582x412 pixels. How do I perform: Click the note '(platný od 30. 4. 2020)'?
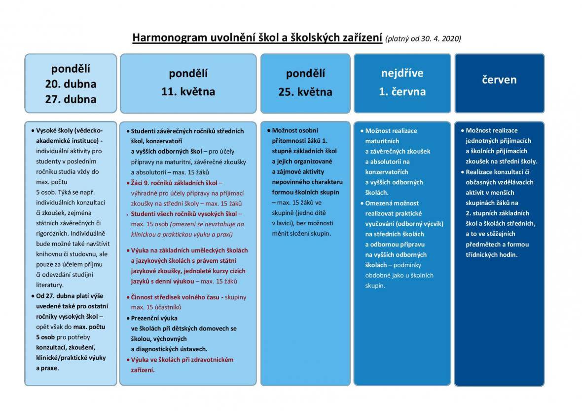point(423,39)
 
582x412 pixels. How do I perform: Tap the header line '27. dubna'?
point(71,99)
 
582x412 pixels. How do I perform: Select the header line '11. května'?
point(188,91)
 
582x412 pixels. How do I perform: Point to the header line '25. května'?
point(305,91)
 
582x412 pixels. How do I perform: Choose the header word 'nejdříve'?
point(402,73)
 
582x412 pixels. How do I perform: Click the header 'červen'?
point(499,80)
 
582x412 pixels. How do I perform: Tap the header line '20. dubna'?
point(71,83)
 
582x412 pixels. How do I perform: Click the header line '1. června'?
point(402,91)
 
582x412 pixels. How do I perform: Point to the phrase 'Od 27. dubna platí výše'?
point(70,295)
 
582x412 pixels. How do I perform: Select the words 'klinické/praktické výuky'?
point(71,358)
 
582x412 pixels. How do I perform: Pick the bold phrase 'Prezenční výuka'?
point(154,318)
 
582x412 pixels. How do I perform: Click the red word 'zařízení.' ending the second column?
point(143,370)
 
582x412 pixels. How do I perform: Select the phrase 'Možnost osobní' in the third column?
point(295,130)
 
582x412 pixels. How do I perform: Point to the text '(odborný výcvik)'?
point(420,224)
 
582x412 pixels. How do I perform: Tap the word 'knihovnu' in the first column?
point(49,254)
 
